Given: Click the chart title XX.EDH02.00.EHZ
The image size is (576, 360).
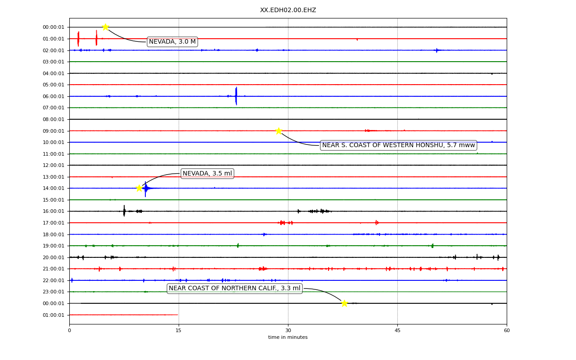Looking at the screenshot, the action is point(288,10).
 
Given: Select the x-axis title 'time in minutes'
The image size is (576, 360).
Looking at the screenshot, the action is point(288,337).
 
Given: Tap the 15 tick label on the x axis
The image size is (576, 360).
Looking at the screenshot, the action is point(179,330).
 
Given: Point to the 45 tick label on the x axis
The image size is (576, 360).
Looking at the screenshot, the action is point(397,330).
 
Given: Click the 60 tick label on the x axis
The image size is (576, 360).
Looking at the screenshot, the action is point(507,330).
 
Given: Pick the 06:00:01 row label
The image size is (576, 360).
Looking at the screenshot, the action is point(54,96).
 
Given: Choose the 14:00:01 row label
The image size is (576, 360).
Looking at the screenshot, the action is point(54,188).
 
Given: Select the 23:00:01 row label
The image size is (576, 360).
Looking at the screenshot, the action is point(54,292).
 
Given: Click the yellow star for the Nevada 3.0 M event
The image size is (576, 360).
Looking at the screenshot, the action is point(105,27).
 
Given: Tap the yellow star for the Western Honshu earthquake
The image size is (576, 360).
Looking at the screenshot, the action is point(279,131).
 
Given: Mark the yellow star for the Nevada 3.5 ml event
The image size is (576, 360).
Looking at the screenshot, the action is point(139,188).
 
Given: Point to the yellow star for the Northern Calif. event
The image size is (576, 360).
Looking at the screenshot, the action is point(344,303).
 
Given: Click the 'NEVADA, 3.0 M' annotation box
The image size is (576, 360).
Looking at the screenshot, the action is point(172,42).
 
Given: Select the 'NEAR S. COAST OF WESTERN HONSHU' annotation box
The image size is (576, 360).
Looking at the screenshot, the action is point(398,145).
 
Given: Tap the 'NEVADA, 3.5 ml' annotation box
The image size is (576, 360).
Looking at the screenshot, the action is point(207,174).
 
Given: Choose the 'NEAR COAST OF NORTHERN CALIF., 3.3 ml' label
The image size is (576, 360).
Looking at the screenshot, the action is point(234,288).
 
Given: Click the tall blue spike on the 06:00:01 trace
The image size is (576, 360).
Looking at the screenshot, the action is point(236,96).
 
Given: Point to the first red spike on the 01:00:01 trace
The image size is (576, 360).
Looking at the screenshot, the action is point(78,39).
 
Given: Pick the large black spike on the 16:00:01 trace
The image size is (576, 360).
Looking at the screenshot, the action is point(124,211).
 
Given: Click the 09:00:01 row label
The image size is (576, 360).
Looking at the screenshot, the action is point(54,131).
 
